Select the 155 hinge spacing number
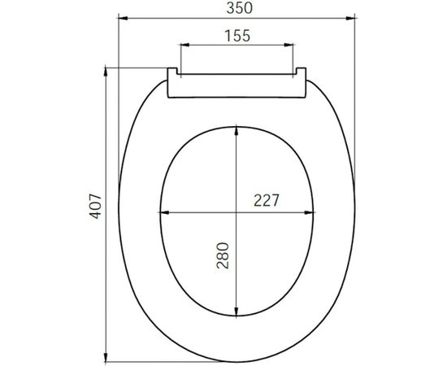(x=237, y=36)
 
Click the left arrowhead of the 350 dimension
(x=121, y=16)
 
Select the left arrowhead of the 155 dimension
(x=183, y=47)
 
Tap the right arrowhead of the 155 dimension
(x=291, y=47)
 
